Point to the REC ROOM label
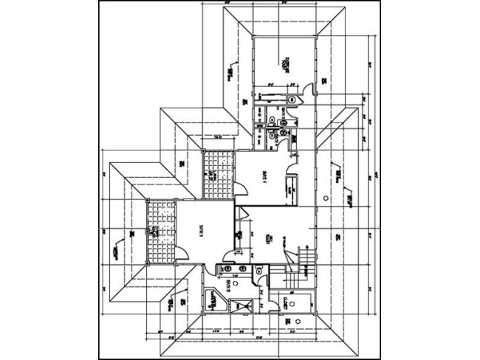(272, 239)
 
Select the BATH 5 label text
(228, 288)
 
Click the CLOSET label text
(285, 302)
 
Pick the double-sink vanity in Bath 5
(227, 270)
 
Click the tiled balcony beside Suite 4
(216, 173)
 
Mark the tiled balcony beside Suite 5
(162, 229)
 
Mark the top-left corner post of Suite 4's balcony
(204, 150)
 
